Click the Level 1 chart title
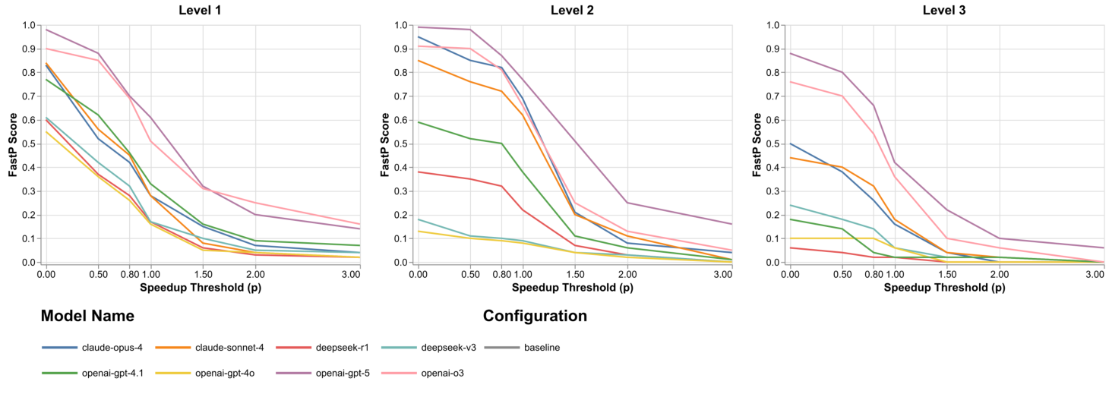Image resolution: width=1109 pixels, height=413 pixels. (201, 10)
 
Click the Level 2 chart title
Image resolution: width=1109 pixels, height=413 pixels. (572, 10)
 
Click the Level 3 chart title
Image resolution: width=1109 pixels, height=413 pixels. (944, 10)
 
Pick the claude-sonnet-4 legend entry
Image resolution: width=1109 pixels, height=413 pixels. (230, 348)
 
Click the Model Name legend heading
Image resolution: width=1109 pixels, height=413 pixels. (87, 316)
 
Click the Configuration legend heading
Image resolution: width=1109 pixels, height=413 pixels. (535, 316)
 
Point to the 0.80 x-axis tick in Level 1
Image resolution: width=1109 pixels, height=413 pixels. (129, 273)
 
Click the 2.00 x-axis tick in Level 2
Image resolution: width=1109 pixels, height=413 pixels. (627, 273)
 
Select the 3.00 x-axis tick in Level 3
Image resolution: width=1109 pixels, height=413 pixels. (1094, 273)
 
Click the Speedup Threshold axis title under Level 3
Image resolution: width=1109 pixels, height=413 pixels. (944, 288)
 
